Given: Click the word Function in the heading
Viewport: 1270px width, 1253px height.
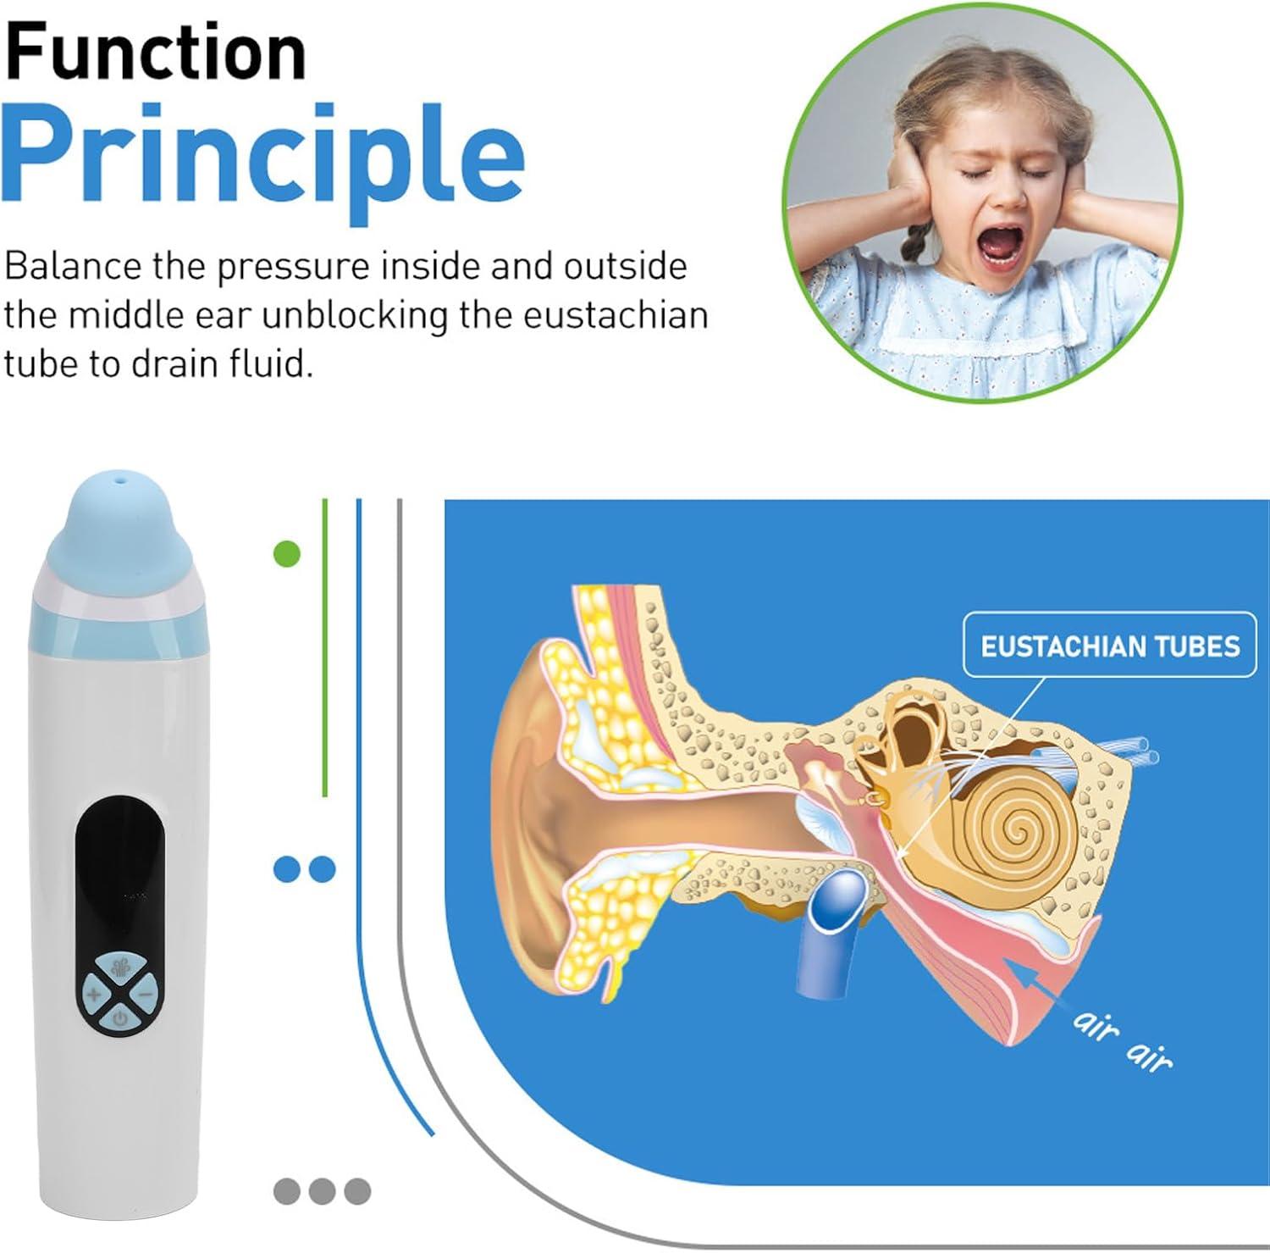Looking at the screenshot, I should click(x=155, y=52).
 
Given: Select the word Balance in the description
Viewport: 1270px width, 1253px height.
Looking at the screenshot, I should click(x=73, y=267).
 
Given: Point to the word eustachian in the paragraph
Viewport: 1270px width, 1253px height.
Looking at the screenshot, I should click(x=616, y=316).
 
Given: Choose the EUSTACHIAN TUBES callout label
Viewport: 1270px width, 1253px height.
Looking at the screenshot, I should click(x=1109, y=646).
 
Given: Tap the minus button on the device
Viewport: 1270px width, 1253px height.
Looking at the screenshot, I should click(x=146, y=992).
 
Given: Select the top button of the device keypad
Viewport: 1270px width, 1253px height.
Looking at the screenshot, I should click(x=119, y=967).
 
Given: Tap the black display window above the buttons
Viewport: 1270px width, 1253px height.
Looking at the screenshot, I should click(x=119, y=856).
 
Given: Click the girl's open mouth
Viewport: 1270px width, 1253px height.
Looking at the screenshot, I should click(x=998, y=251).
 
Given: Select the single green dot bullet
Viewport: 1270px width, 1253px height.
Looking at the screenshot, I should click(x=288, y=554).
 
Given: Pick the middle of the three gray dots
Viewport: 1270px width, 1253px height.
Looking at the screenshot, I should click(x=322, y=1190).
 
